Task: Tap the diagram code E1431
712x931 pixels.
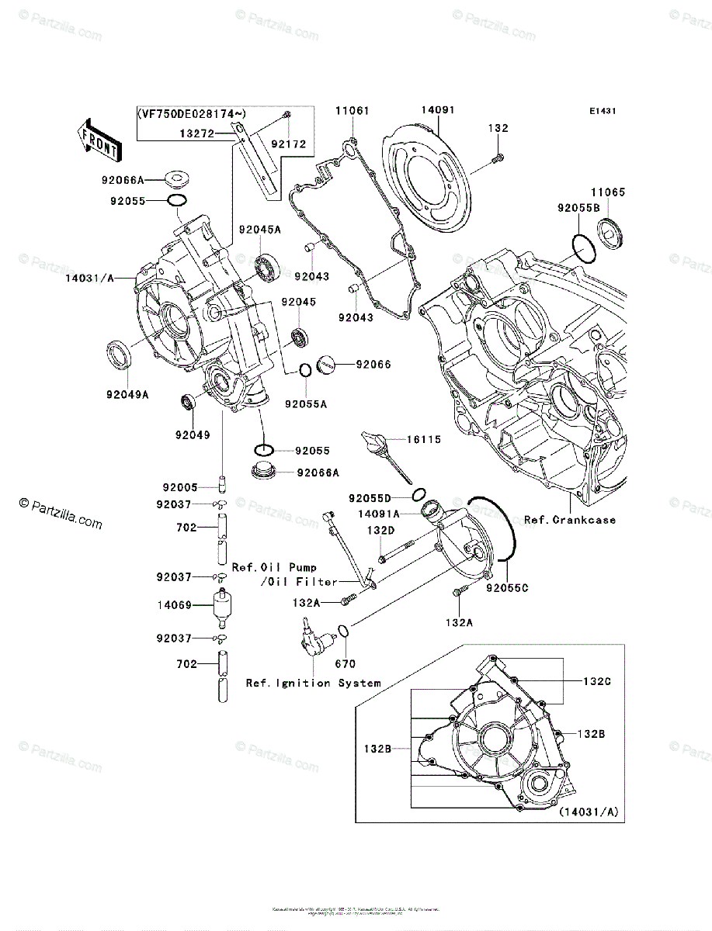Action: (602, 112)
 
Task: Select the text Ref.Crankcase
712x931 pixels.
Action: (569, 519)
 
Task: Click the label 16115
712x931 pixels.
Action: (422, 440)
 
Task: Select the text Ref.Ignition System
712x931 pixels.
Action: (313, 683)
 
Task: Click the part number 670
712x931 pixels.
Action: (345, 663)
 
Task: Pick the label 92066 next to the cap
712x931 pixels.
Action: (373, 364)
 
